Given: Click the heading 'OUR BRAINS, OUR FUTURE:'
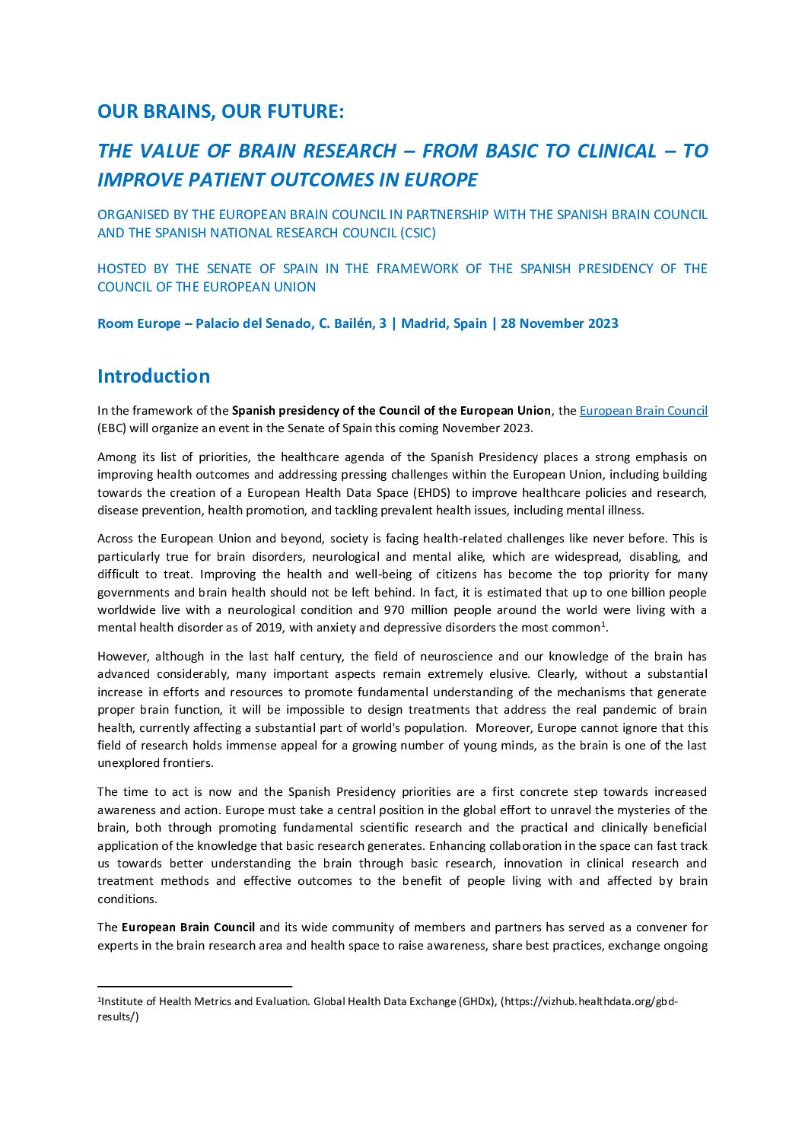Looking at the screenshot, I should pos(221,111).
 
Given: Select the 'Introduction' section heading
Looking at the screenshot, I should pos(154,376).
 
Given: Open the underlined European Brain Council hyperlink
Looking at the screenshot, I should pos(643,411).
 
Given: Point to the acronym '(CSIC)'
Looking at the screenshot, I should pos(418,233).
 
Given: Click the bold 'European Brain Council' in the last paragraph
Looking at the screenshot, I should pos(188,927).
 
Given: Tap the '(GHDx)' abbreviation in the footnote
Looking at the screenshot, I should pos(476,1001).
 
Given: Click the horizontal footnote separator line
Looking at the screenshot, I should pos(195,986).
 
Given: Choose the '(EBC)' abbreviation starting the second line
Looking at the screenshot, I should pos(112,428).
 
